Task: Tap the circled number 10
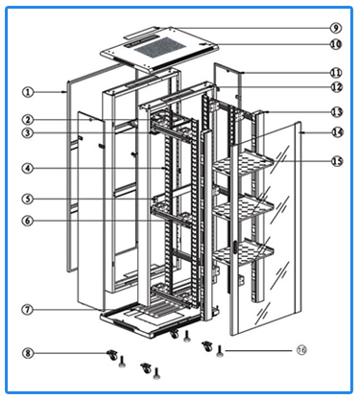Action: (x=335, y=44)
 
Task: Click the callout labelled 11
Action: (x=335, y=73)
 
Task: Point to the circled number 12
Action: (x=335, y=88)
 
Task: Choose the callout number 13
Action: (x=335, y=112)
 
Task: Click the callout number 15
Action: (x=335, y=161)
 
